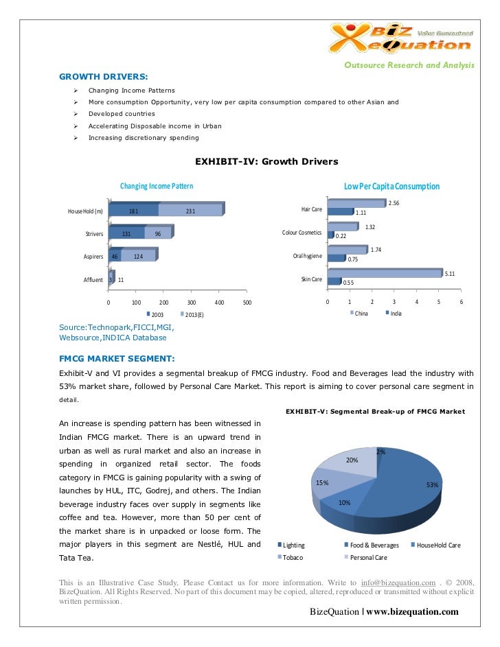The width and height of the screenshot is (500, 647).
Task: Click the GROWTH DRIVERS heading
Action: [103, 76]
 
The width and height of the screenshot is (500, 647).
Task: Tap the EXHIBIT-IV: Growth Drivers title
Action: [266, 162]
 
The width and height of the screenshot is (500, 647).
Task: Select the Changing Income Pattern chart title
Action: [157, 186]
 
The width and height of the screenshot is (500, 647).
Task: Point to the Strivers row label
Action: [93, 234]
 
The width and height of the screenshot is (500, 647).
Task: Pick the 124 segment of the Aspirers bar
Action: [138, 257]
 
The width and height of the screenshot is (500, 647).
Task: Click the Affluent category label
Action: [93, 280]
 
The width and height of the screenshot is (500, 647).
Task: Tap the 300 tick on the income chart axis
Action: [192, 302]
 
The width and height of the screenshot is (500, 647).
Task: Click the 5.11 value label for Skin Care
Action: [450, 274]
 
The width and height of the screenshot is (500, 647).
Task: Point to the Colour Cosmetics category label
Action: [302, 233]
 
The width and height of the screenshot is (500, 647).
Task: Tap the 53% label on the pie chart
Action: [432, 485]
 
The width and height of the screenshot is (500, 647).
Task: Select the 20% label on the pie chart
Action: [352, 460]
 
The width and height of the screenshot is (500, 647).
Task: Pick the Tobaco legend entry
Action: [293, 558]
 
